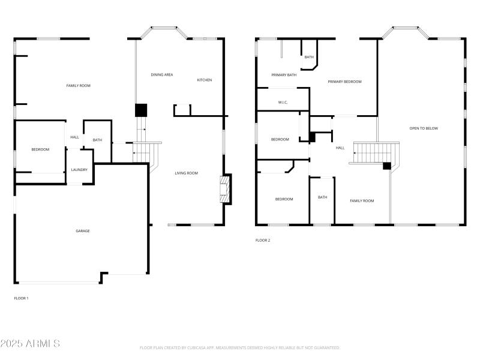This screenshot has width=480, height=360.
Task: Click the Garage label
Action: [83, 231]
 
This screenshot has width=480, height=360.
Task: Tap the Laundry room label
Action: [79, 170]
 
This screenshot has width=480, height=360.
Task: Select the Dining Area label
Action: [162, 74]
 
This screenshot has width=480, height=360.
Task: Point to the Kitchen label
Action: [205, 80]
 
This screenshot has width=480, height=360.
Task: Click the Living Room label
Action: [186, 173]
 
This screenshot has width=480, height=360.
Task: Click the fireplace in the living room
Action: [225, 189]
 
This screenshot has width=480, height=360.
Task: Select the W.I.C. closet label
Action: [283, 103]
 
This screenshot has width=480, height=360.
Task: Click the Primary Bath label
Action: [284, 75]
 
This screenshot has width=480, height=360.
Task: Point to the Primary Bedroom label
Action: [344, 82]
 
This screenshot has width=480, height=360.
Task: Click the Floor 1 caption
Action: [21, 298]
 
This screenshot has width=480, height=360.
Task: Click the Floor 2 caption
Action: [263, 241]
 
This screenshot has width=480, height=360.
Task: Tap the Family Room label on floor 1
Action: [78, 86]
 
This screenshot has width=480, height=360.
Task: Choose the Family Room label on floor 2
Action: [362, 201]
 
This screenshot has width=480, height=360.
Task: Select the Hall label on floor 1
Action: [74, 137]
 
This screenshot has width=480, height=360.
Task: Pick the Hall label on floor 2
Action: [340, 148]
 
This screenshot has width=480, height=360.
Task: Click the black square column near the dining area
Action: [141, 110]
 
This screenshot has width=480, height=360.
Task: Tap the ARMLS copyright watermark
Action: [30, 344]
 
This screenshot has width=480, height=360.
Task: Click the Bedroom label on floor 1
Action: [40, 149]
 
